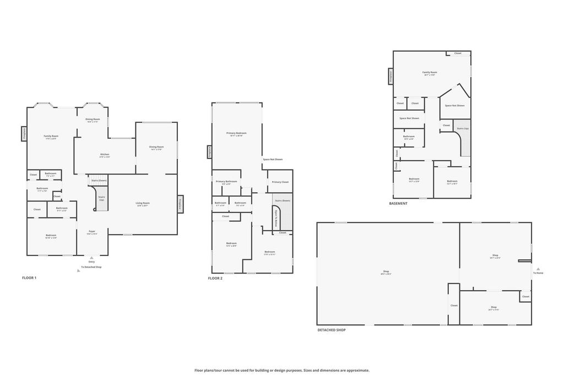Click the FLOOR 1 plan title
pyautogui.click(x=29, y=278)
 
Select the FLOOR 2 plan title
pyautogui.click(x=215, y=279)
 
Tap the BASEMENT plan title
pyautogui.click(x=398, y=204)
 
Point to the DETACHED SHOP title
pyautogui.click(x=332, y=330)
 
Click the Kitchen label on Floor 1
pyautogui.click(x=105, y=155)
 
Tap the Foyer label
pyautogui.click(x=92, y=232)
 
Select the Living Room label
pyautogui.click(x=143, y=203)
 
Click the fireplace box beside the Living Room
pyautogui.click(x=180, y=204)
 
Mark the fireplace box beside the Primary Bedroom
pyautogui.click(x=209, y=152)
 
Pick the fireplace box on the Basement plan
pyautogui.click(x=391, y=77)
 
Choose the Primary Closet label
pyautogui.click(x=280, y=182)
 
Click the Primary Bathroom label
pyautogui.click(x=226, y=182)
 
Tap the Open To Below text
pyautogui.click(x=276, y=218)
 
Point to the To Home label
pyautogui.click(x=538, y=273)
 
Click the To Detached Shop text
pyautogui.click(x=91, y=267)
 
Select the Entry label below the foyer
pyautogui.click(x=91, y=261)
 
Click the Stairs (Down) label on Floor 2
pyautogui.click(x=282, y=200)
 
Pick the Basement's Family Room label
pyautogui.click(x=430, y=72)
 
